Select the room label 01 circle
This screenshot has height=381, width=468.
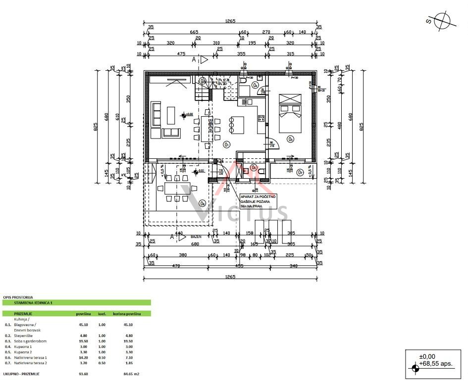point(226,145)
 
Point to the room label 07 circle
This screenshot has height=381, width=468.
point(300,172)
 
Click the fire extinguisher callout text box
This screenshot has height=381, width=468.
point(258,201)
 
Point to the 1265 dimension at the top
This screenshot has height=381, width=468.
point(230,21)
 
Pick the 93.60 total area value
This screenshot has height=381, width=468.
point(83,374)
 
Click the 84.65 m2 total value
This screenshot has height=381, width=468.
point(131,374)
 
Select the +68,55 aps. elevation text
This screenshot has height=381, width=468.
point(436,364)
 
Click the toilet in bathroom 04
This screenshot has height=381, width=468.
point(243,79)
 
